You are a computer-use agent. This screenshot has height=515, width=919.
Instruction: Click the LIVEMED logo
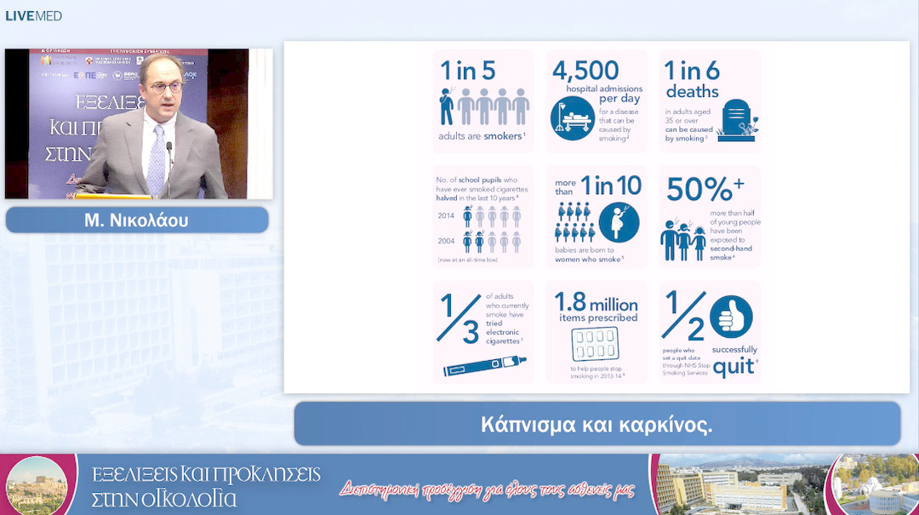(34, 15)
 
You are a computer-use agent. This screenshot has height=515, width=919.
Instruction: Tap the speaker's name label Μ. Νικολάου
(136, 220)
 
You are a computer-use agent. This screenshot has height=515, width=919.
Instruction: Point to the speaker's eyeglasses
(163, 87)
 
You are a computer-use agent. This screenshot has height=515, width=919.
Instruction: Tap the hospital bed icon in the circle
(569, 117)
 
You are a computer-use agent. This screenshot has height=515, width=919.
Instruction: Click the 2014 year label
(446, 216)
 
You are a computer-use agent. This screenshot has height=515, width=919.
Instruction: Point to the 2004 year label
(446, 242)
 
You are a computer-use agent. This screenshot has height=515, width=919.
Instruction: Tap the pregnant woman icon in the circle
(619, 221)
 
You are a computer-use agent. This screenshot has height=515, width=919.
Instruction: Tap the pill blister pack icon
(595, 345)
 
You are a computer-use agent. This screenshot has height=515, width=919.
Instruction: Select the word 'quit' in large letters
(733, 367)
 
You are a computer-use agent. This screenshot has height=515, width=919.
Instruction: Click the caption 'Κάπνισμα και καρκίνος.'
(596, 425)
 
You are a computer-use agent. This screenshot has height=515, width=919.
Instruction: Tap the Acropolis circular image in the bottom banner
(36, 485)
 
